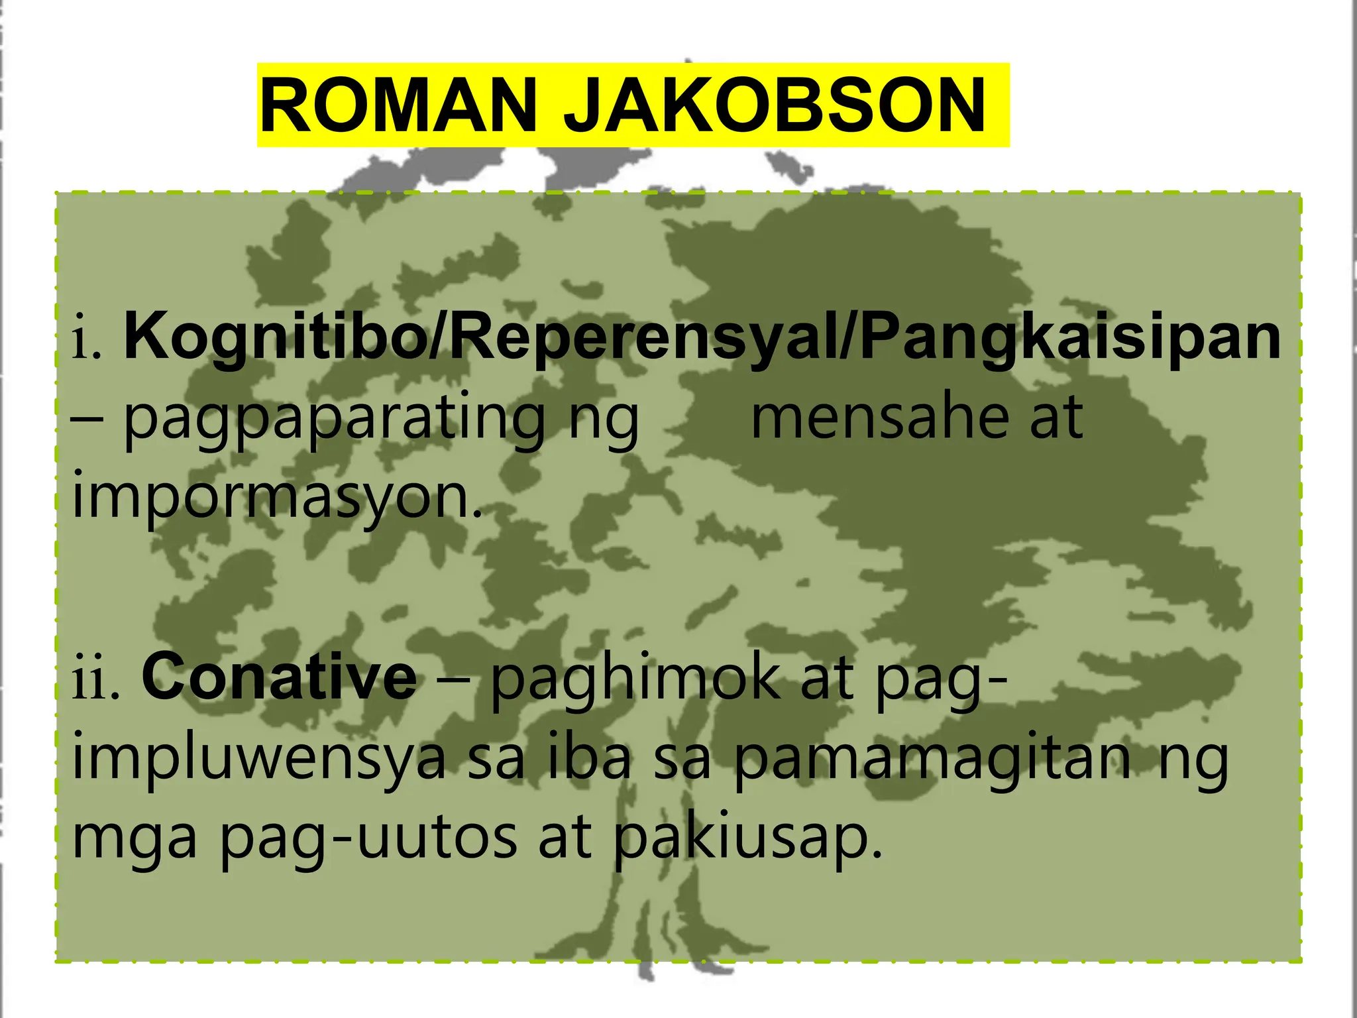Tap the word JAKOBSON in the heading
click(775, 106)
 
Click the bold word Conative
click(279, 677)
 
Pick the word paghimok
click(636, 680)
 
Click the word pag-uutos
click(368, 839)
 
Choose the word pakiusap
click(748, 839)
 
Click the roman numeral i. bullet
click(87, 342)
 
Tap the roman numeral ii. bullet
click(96, 680)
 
